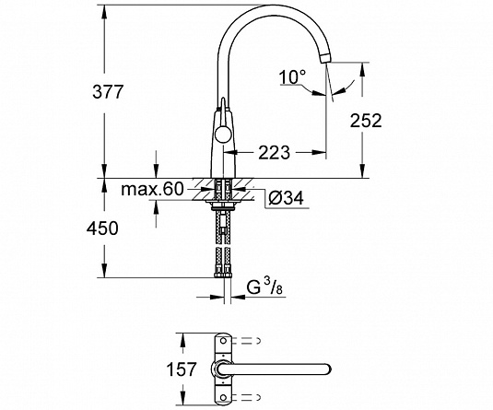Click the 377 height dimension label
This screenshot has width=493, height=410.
pyautogui.click(x=107, y=92)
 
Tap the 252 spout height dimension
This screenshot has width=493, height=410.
pyautogui.click(x=366, y=120)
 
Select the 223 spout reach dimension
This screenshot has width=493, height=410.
pyautogui.click(x=274, y=152)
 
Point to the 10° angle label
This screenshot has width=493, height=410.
pyautogui.click(x=292, y=76)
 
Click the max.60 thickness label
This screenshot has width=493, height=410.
pyautogui.click(x=152, y=189)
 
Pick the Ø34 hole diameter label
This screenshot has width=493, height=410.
pyautogui.click(x=286, y=198)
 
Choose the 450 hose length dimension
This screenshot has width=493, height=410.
pyautogui.click(x=102, y=228)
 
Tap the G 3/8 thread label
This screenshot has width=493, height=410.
pyautogui.click(x=265, y=287)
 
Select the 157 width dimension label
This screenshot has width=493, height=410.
pyautogui.click(x=182, y=369)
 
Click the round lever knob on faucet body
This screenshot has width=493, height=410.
pyautogui.click(x=222, y=135)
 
